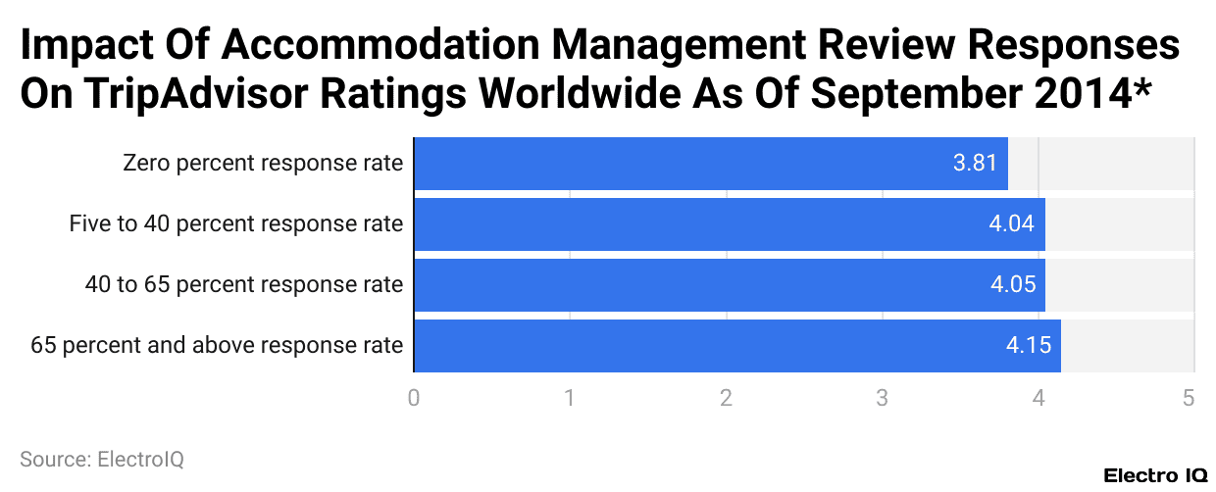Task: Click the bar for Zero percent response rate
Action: (711, 164)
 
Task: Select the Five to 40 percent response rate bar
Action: (730, 224)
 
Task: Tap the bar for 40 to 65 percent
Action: (730, 285)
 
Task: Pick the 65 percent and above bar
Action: (737, 346)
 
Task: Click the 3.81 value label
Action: (975, 164)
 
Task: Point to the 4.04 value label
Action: (1011, 224)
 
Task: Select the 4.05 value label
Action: (1011, 285)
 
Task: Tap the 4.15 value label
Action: (1028, 346)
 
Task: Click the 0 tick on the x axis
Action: (414, 398)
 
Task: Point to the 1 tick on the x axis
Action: (570, 398)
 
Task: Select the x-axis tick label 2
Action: (726, 398)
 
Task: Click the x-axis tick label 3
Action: (882, 398)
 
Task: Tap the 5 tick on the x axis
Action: (1189, 398)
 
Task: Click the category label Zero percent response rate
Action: (263, 164)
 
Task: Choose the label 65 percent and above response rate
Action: (217, 346)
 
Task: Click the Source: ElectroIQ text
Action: (102, 459)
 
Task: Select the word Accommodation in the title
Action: (357, 46)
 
